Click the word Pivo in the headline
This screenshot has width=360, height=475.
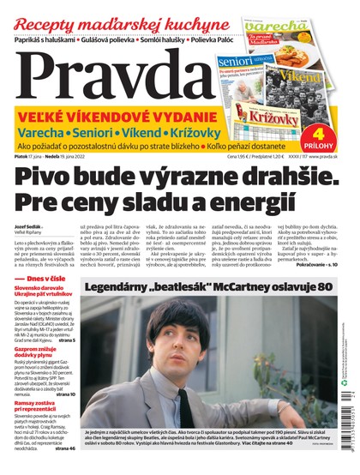pos(46,177)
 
